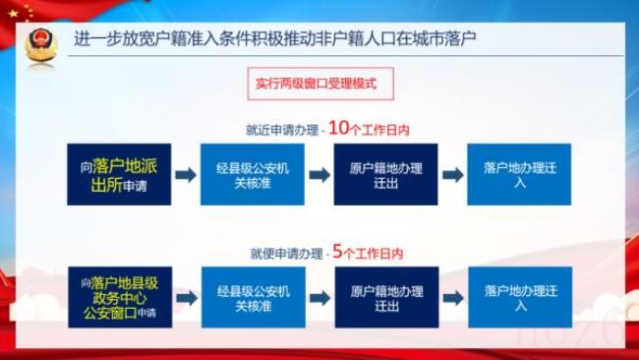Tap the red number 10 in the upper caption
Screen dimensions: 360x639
337,128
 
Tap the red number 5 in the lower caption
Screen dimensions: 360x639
337,252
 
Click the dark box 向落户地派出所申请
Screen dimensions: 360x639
116,175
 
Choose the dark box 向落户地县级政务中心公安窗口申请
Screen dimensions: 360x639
116,298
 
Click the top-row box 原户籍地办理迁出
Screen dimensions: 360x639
385,175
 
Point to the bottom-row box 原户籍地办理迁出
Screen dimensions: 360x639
385,298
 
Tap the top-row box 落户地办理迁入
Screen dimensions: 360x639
520,175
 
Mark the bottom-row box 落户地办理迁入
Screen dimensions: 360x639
520,298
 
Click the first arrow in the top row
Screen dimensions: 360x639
185,175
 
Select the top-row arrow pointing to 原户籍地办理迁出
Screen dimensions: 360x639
319,175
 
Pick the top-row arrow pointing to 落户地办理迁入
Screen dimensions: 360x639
452,175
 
